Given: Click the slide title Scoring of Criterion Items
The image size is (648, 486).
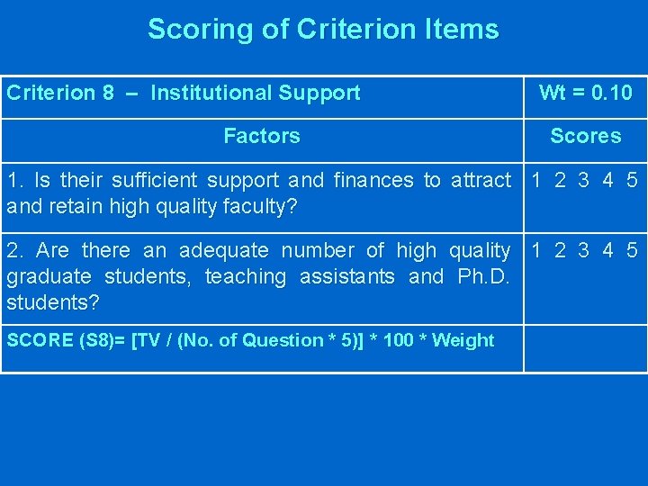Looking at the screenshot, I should (323, 29).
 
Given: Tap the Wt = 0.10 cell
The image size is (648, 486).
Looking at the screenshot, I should (585, 93).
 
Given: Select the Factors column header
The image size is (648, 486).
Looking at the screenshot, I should (261, 136).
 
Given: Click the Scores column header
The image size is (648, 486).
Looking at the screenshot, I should (585, 136).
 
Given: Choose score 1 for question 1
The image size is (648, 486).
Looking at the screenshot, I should (536, 180).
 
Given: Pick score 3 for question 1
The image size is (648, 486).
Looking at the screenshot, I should (583, 180).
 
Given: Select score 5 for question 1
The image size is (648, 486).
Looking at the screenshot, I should (632, 180).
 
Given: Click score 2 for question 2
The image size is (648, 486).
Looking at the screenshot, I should (560, 250).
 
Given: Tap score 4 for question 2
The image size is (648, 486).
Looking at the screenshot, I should (608, 250).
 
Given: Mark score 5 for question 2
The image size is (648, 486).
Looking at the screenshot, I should (632, 250).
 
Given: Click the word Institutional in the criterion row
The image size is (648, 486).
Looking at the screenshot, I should (211, 93).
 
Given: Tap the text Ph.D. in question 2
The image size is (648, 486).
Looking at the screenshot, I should (483, 276).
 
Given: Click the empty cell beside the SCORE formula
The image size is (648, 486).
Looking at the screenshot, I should (585, 346).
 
